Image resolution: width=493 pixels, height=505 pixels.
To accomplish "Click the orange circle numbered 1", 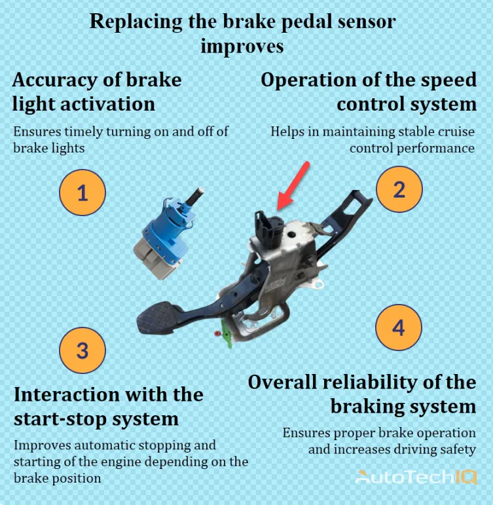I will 82,193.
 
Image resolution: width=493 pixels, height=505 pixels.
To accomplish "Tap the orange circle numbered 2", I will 399,189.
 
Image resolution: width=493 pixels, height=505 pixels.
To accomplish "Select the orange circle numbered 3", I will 82,350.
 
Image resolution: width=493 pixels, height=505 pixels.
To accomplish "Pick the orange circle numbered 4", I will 399,327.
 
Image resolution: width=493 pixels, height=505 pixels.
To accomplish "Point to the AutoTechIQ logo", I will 416,477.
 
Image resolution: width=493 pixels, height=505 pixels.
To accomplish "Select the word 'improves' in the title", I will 242,47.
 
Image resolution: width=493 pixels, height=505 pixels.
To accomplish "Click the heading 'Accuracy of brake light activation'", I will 96,92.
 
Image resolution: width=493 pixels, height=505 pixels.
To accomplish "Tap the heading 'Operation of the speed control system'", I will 369,92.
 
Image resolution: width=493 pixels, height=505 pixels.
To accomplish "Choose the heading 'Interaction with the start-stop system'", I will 108,406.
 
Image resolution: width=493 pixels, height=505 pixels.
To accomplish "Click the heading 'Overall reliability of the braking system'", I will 362,394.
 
